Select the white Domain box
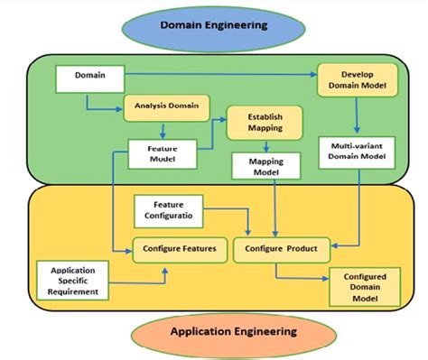(x=88, y=78)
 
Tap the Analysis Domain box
(x=167, y=107)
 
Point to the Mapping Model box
(x=261, y=166)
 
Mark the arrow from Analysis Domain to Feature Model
(x=162, y=129)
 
